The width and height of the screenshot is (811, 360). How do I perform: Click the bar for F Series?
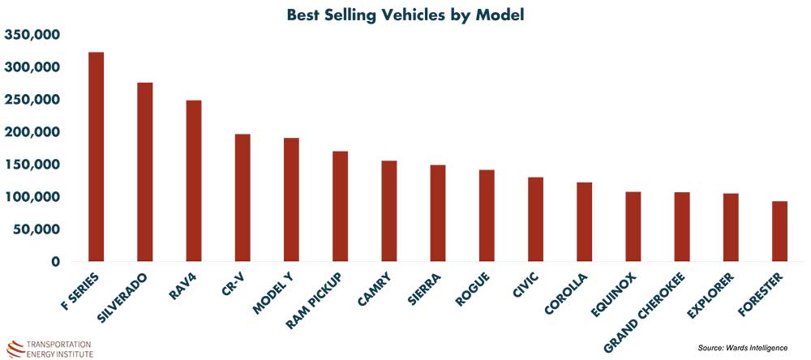point(96,157)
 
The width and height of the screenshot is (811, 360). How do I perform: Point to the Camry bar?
point(388,212)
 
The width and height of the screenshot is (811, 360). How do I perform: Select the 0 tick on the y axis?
point(56,262)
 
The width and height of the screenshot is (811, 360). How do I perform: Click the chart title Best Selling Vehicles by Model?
point(404,14)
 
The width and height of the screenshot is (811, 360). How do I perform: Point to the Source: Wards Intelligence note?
point(743,348)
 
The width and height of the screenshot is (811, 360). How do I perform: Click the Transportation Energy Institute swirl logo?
point(15,346)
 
